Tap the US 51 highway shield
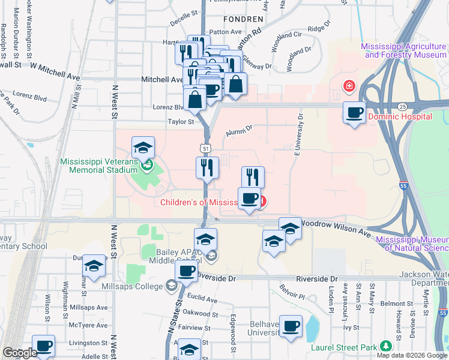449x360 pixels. [x=205, y=148]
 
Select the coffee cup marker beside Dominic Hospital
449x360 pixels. [x=355, y=112]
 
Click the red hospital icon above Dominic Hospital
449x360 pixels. [x=348, y=88]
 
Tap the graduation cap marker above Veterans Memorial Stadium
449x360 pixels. [x=143, y=148]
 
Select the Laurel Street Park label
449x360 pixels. [x=346, y=347]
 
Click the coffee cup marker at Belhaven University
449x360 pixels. [x=291, y=327]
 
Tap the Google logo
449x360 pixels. [x=19, y=353]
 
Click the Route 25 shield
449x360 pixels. [x=402, y=106]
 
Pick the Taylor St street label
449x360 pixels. [x=181, y=122]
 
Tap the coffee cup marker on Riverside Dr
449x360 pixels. [x=187, y=271]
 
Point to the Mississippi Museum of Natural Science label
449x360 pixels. [x=412, y=243]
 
